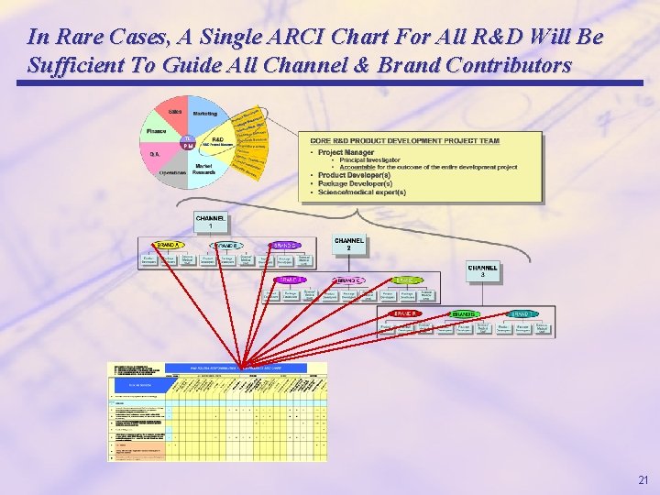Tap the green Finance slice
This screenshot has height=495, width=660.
157,133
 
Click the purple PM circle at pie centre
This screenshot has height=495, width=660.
188,146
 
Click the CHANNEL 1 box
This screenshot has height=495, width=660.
210,222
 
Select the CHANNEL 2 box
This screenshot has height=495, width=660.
348,245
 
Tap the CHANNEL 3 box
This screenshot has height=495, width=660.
483,272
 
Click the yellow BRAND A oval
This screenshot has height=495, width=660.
168,246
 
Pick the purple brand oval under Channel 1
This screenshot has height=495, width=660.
283,246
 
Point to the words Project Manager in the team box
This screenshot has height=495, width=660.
346,152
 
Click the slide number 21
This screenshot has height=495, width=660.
642,479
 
